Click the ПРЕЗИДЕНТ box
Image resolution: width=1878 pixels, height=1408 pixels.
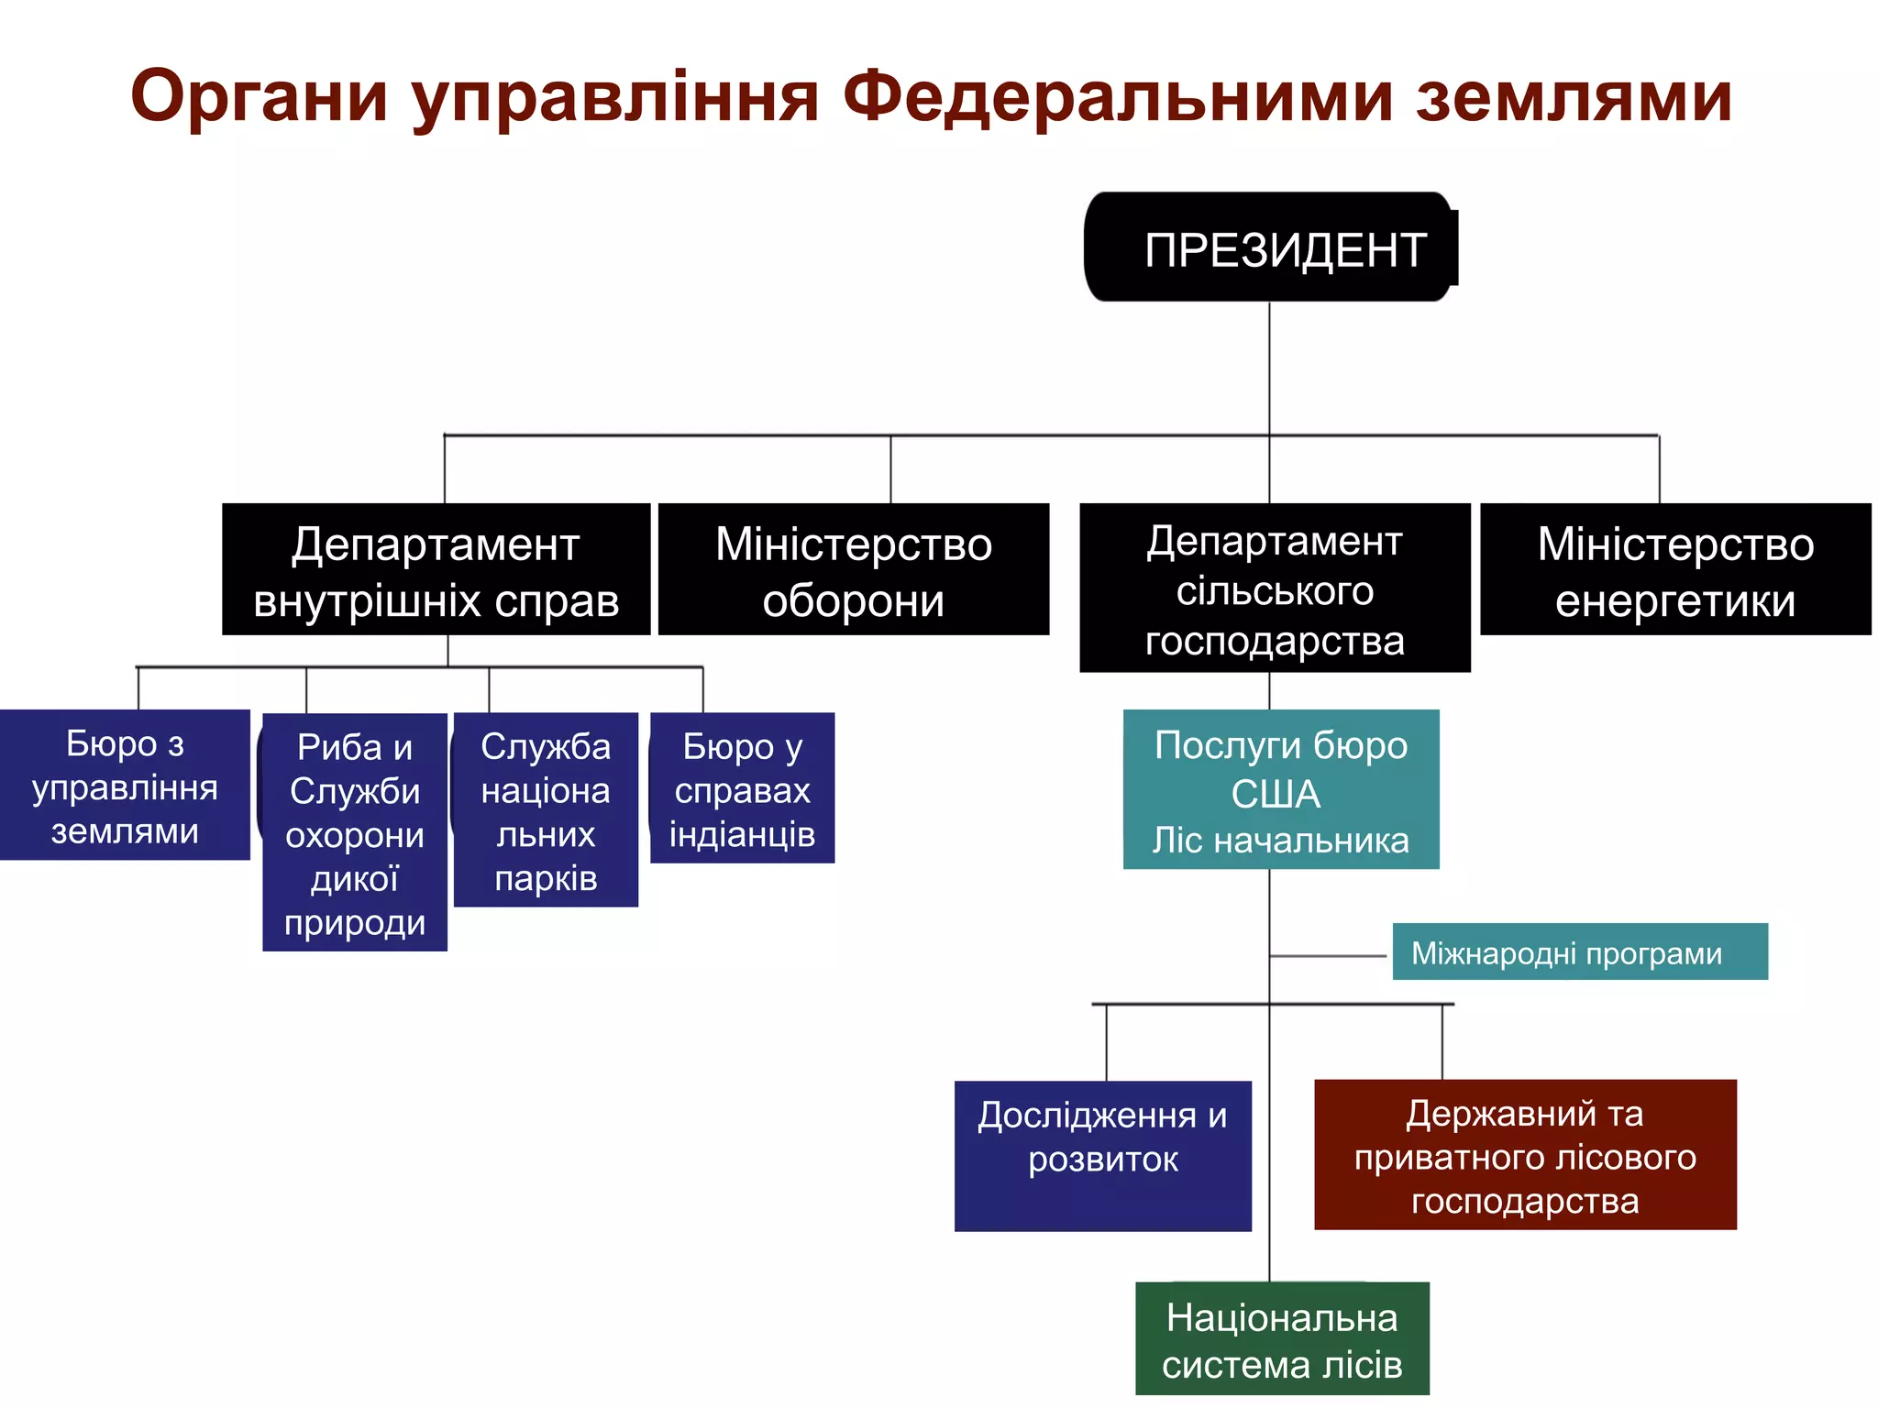pyautogui.click(x=1270, y=247)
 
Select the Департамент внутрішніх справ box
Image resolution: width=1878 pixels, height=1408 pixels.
pyautogui.click(x=436, y=569)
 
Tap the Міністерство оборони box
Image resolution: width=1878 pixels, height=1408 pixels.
pyautogui.click(x=853, y=569)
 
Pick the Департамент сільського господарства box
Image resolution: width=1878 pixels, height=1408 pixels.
pyautogui.click(x=1275, y=588)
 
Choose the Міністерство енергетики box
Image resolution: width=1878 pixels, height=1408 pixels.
pyautogui.click(x=1675, y=569)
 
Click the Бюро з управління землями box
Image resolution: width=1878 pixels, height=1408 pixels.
pyautogui.click(x=125, y=786)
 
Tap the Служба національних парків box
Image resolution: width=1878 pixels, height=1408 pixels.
pyautogui.click(x=546, y=810)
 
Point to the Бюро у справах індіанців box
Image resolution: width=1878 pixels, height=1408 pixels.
pyautogui.click(x=742, y=788)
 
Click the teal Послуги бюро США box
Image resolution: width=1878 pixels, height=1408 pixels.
pyautogui.click(x=1281, y=789)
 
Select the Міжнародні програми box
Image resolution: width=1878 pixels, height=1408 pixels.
pyautogui.click(x=1579, y=952)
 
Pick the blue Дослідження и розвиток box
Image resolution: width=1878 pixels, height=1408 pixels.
pyautogui.click(x=1102, y=1156)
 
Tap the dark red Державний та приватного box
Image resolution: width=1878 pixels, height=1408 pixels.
pyautogui.click(x=1525, y=1155)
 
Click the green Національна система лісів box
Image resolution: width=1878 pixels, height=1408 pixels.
pyautogui.click(x=1282, y=1339)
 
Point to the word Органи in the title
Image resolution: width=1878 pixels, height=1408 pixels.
pyautogui.click(x=260, y=97)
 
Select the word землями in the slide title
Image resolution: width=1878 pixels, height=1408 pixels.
pyautogui.click(x=1574, y=97)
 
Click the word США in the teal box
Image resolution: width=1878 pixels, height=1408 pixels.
pyautogui.click(x=1276, y=794)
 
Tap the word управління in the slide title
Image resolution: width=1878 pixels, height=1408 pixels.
pyautogui.click(x=614, y=97)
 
